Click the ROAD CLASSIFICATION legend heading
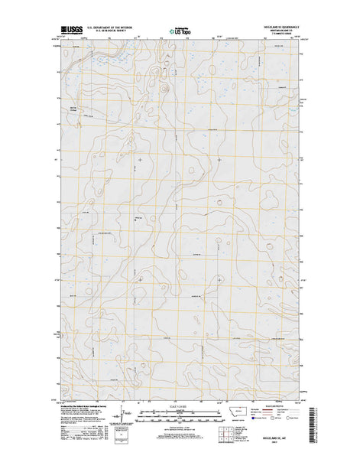274,405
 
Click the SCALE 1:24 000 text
180,405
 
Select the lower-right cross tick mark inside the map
219,279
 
